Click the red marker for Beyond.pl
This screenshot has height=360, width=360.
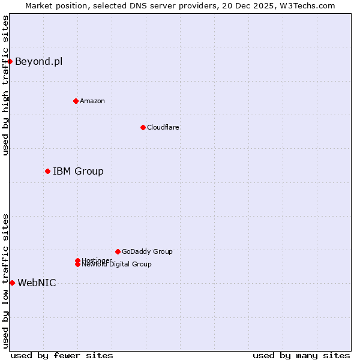pyautogui.click(x=10, y=61)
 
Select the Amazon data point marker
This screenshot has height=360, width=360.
pyautogui.click(x=76, y=101)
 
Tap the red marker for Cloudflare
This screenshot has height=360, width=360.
pyautogui.click(x=143, y=127)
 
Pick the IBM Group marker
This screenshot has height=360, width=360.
pyautogui.click(x=47, y=171)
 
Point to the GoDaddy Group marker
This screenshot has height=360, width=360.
pyautogui.click(x=118, y=251)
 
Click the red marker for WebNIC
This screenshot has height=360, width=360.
pyautogui.click(x=12, y=283)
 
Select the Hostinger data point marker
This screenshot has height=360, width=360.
pyautogui.click(x=77, y=260)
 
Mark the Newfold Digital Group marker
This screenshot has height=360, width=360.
pyautogui.click(x=77, y=265)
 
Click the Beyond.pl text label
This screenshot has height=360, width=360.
pyautogui.click(x=38, y=61)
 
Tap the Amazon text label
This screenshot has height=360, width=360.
pyautogui.click(x=92, y=101)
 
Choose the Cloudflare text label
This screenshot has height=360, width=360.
pyautogui.click(x=163, y=127)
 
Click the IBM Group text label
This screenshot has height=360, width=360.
pyautogui.click(x=78, y=172)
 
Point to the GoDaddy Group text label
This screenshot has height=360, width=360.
pyautogui.click(x=147, y=251)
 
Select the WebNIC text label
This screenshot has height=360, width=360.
pyautogui.click(x=37, y=283)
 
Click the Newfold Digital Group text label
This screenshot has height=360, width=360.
pyautogui.click(x=117, y=265)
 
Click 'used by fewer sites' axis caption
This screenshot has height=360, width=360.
pyautogui.click(x=62, y=355)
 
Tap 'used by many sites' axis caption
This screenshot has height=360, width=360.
pyautogui.click(x=301, y=355)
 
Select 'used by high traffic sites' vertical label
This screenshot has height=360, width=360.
pyautogui.click(x=6, y=85)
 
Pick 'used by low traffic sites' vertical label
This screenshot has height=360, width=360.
pyautogui.click(x=6, y=280)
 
